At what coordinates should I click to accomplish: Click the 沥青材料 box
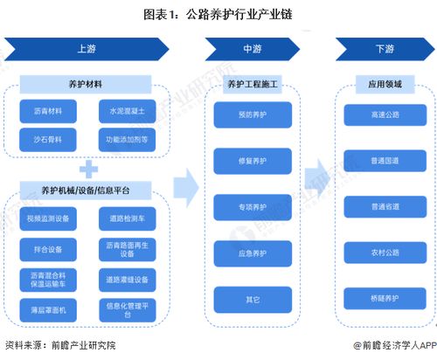[48, 112]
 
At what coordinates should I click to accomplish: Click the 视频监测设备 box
[48, 219]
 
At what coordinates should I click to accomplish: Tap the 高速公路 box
[384, 114]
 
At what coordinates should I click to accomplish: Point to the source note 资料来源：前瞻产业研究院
[59, 347]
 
